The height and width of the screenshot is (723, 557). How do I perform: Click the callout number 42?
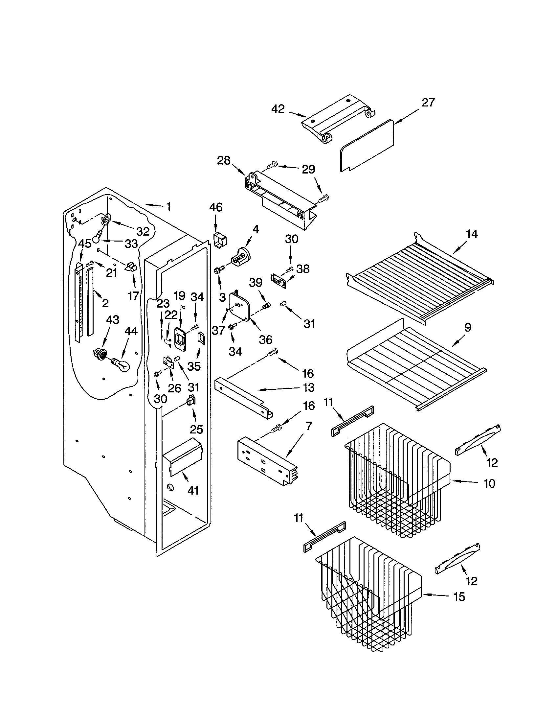[x=278, y=109]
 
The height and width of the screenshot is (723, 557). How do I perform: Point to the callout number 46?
[x=216, y=207]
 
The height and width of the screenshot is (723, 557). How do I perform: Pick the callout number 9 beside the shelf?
[x=467, y=327]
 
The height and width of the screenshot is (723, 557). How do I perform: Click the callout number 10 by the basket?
[x=489, y=484]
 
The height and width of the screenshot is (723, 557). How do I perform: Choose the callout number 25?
[x=196, y=430]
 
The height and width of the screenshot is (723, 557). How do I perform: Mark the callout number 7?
[x=308, y=426]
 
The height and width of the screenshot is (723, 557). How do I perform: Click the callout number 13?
[x=308, y=387]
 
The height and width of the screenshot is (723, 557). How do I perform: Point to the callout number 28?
[x=224, y=161]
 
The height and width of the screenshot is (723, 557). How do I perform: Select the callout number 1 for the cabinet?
[x=168, y=207]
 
